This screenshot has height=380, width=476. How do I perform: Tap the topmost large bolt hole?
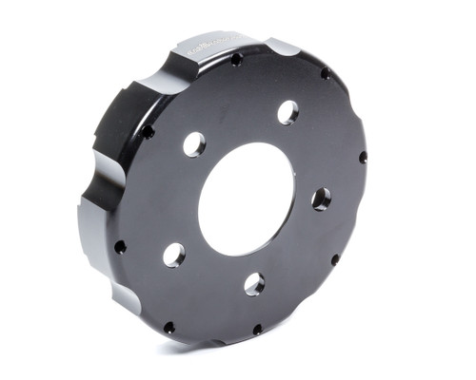pyautogui.click(x=288, y=112)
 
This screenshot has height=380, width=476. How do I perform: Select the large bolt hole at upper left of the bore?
pyautogui.click(x=194, y=144)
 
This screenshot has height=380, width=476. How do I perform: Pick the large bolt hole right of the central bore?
pyautogui.click(x=321, y=199)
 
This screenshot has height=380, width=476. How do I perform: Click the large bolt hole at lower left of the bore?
pyautogui.click(x=173, y=254)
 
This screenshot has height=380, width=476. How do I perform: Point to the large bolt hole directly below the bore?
pyautogui.click(x=254, y=283)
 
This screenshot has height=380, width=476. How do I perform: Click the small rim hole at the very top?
pyautogui.click(x=236, y=60)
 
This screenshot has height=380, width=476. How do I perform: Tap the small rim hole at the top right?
pyautogui.click(x=326, y=73)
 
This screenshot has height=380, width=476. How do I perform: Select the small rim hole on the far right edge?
pyautogui.click(x=363, y=157)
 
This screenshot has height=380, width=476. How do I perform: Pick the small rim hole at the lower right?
pyautogui.click(x=335, y=258)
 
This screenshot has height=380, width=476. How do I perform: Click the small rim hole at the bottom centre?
pyautogui.click(x=257, y=330)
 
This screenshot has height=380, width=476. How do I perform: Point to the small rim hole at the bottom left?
pyautogui.click(x=169, y=327)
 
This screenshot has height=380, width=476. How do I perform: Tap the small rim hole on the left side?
pyautogui.click(x=120, y=247)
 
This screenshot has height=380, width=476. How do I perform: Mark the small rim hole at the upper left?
pyautogui.click(x=148, y=131)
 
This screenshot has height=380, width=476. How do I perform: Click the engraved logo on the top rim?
pyautogui.click(x=211, y=45)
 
